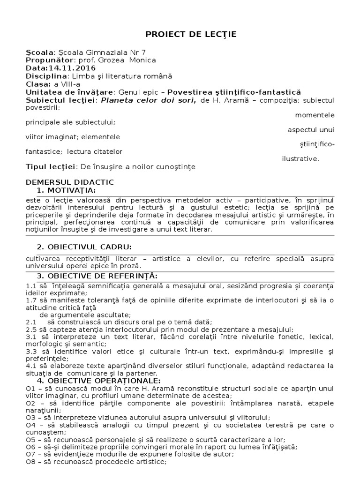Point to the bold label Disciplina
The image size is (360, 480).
(x=46, y=76)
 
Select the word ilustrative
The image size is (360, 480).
(x=300, y=158)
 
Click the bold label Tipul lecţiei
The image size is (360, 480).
(x=51, y=166)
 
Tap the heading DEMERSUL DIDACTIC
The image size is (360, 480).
(x=70, y=182)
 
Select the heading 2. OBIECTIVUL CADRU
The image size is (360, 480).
(x=84, y=247)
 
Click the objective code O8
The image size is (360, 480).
(x=30, y=462)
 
